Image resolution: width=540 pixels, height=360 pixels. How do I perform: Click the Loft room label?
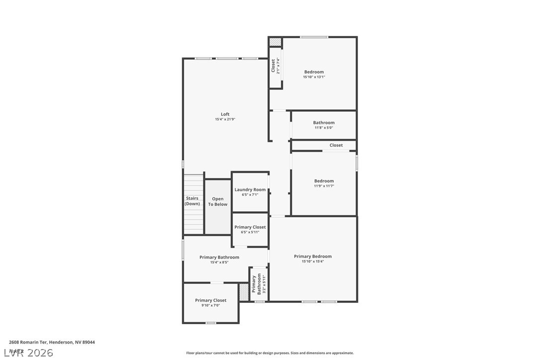point(225,114)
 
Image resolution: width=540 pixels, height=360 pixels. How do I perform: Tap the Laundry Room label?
point(250,189)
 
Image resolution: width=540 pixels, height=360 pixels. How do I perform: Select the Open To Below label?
point(218,201)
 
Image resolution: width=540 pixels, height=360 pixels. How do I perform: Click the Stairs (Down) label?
point(192,201)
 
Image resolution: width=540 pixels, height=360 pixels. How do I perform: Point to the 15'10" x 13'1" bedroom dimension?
point(314,77)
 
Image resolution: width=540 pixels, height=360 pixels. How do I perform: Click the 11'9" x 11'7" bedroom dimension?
point(324,186)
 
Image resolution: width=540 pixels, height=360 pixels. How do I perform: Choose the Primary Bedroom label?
point(313,257)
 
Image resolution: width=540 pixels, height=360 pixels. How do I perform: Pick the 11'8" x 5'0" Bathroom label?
point(324,123)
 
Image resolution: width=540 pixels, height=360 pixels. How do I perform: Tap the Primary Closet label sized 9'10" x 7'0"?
point(210,300)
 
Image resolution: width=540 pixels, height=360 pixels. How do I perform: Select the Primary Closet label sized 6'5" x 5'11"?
point(250,227)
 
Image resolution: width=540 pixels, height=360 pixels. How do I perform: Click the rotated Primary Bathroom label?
point(257,284)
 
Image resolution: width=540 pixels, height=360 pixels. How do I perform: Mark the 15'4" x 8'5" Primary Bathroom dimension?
point(219,262)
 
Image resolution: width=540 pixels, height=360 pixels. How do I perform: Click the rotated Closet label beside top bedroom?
point(273,66)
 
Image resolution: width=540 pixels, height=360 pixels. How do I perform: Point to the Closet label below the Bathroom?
point(336,145)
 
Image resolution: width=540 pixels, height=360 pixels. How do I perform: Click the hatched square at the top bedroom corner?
point(275,42)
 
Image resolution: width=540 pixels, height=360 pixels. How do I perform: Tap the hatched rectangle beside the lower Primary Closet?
point(244,292)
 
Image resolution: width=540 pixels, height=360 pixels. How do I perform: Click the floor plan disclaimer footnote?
point(270,353)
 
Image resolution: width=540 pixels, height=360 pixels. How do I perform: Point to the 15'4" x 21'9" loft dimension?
point(225,119)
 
